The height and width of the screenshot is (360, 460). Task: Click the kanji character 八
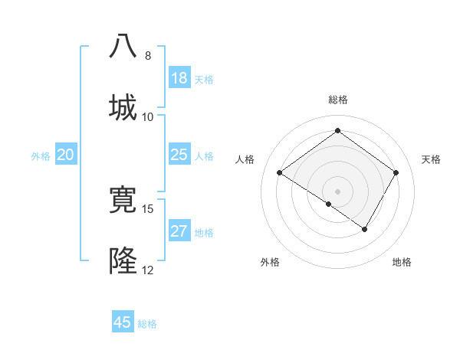pyautogui.click(x=124, y=46)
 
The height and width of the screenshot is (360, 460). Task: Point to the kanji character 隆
pyautogui.click(x=124, y=261)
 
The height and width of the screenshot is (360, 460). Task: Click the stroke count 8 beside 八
pyautogui.click(x=148, y=56)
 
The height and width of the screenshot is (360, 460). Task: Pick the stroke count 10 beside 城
pyautogui.click(x=148, y=116)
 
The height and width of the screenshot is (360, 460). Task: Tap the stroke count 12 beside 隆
pyautogui.click(x=148, y=270)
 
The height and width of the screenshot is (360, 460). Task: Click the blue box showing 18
pyautogui.click(x=179, y=78)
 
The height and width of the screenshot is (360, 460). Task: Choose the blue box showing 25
pyautogui.click(x=179, y=155)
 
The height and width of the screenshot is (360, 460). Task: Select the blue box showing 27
pyautogui.click(x=179, y=231)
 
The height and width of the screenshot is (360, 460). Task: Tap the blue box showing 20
pyautogui.click(x=66, y=155)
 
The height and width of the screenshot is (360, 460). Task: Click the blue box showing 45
pyautogui.click(x=123, y=322)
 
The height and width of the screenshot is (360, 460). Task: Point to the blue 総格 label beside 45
pyautogui.click(x=147, y=324)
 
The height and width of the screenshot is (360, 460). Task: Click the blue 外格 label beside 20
pyautogui.click(x=41, y=156)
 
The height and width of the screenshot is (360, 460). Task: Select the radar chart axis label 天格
pyautogui.click(x=431, y=159)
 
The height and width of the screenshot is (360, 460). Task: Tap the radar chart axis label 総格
pyautogui.click(x=338, y=100)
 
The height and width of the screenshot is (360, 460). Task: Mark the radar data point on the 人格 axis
pyautogui.click(x=280, y=173)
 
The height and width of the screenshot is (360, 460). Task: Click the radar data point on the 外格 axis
pyautogui.click(x=329, y=204)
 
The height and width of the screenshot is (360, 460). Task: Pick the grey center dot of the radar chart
pyautogui.click(x=338, y=191)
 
